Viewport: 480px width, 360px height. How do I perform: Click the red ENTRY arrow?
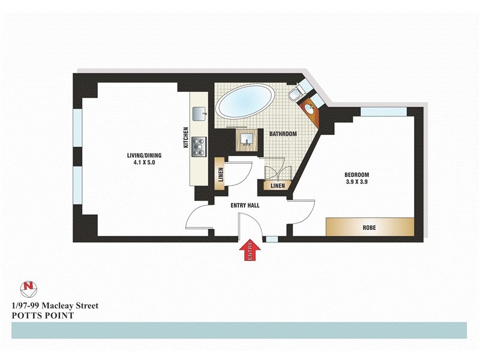click(x=252, y=250)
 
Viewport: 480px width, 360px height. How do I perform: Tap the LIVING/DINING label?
click(x=144, y=155)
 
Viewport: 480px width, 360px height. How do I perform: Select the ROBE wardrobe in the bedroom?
click(x=370, y=227)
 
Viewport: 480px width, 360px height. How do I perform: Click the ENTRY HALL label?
click(x=245, y=205)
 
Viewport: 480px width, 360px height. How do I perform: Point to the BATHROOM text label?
click(x=283, y=134)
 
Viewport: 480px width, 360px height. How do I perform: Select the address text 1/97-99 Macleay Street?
click(x=55, y=305)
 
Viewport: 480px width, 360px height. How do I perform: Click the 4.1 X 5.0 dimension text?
click(x=145, y=163)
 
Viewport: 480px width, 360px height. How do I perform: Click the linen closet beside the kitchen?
click(x=219, y=175)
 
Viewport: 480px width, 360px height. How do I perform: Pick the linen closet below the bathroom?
click(x=277, y=186)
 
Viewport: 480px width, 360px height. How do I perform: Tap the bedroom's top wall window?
click(x=384, y=112)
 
